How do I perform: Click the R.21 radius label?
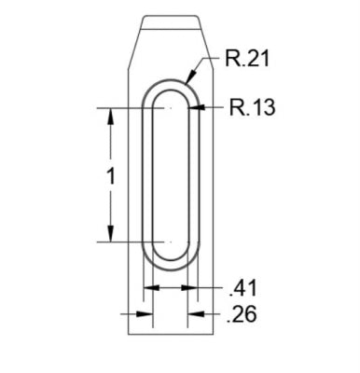tap(246, 58)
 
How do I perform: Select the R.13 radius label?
tap(252, 107)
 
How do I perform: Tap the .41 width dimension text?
tap(242, 288)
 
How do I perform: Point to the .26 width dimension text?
tap(242, 314)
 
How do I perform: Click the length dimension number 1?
tap(110, 176)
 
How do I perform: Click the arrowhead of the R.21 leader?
tap(190, 76)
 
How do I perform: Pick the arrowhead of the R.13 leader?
tap(196, 107)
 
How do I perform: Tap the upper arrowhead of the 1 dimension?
tap(110, 116)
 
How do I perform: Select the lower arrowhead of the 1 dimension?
tap(110, 234)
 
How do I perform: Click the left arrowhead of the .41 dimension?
tap(151, 287)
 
